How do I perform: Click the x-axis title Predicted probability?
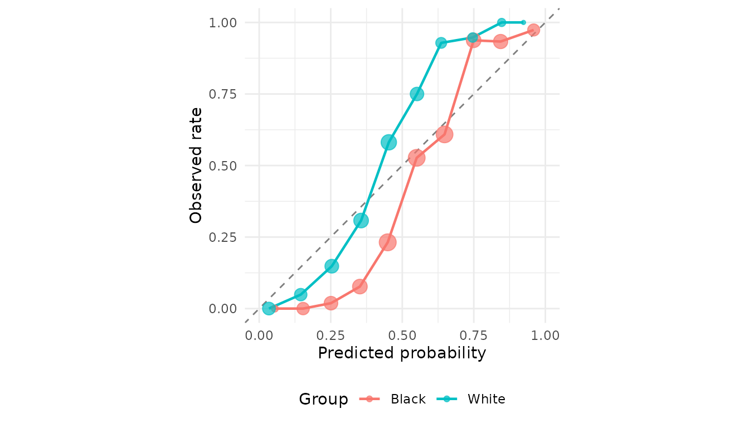coord(402,353)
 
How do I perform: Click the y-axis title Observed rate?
coord(196,165)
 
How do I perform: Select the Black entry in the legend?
coord(408,399)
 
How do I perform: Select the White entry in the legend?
coord(486,399)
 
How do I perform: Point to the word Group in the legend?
coord(323,399)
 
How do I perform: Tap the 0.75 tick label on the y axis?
coord(223,94)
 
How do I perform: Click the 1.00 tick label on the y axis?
coord(223,22)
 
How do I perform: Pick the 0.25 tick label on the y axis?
coord(223,237)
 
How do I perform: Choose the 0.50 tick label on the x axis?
coord(402,336)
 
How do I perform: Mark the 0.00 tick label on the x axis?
coord(259,336)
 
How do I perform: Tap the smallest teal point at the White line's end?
coord(523,22)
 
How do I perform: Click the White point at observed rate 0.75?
coord(417,94)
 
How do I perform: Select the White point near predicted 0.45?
coord(388,142)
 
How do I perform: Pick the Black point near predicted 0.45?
coord(388,242)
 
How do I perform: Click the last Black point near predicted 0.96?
coord(534,30)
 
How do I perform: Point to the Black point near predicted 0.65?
coord(444,134)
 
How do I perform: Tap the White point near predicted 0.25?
coord(332,266)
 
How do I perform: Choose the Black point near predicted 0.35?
coord(359,286)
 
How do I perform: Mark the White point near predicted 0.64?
coord(441,43)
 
